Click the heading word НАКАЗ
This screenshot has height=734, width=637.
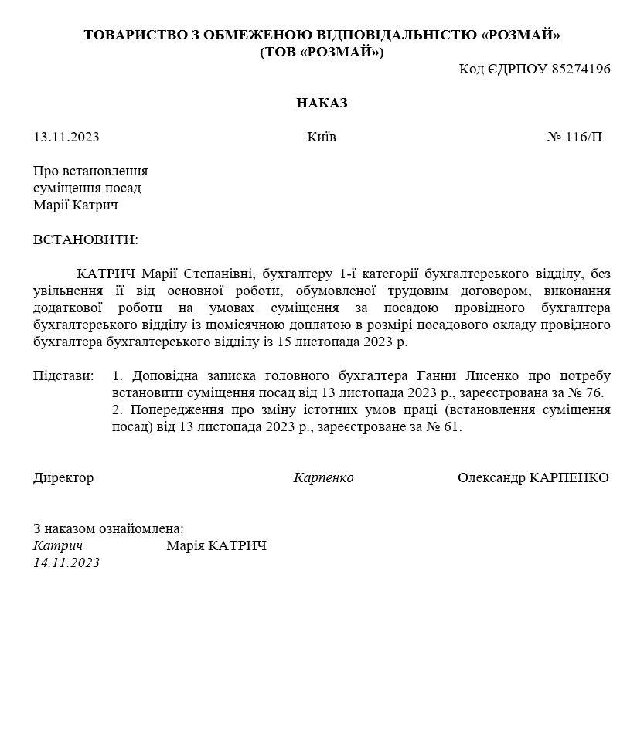coord(322,103)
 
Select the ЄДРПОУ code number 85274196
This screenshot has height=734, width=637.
coord(581,69)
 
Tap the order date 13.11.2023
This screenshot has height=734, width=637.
coord(66,138)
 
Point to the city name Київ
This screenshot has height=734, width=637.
coord(322,138)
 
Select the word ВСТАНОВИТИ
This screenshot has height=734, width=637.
coord(84,240)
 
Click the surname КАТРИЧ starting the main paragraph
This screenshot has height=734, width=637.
coord(106,274)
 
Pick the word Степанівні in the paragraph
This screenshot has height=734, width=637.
coord(219,274)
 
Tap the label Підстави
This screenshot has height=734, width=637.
coord(63,376)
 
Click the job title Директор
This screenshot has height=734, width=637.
coord(63,477)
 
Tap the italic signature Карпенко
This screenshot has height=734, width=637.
coord(323,477)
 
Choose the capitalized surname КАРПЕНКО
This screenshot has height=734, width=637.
coord(569,477)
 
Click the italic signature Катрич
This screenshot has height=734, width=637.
coord(58,546)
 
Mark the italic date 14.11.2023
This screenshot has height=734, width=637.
coord(66,562)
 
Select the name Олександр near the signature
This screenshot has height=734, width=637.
coord(492,477)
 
